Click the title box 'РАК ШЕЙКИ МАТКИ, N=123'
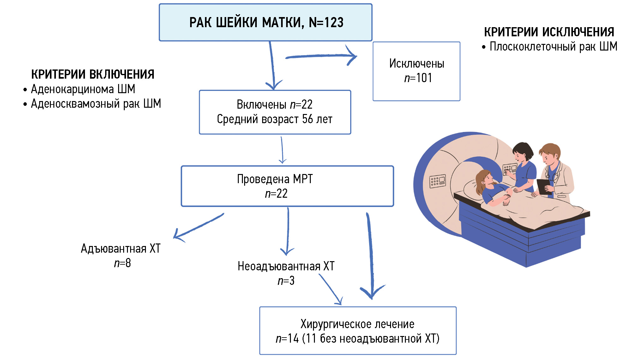point(266,22)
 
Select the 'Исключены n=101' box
point(416,71)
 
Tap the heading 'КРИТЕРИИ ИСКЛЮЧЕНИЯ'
point(549,32)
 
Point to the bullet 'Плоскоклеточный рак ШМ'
point(553,47)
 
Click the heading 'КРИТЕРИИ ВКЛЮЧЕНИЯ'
point(93,75)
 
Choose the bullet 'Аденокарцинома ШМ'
point(83,89)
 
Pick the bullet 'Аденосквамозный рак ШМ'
point(96,104)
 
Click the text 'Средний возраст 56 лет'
point(274,119)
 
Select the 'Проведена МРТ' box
point(287,186)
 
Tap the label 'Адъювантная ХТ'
point(121,249)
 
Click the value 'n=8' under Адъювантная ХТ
point(123,263)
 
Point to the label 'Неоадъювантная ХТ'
point(286,267)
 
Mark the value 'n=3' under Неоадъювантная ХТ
point(286,281)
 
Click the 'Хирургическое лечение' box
point(358,331)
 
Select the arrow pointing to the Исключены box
point(321,56)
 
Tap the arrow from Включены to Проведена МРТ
point(282,150)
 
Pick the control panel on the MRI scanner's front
point(437,181)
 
